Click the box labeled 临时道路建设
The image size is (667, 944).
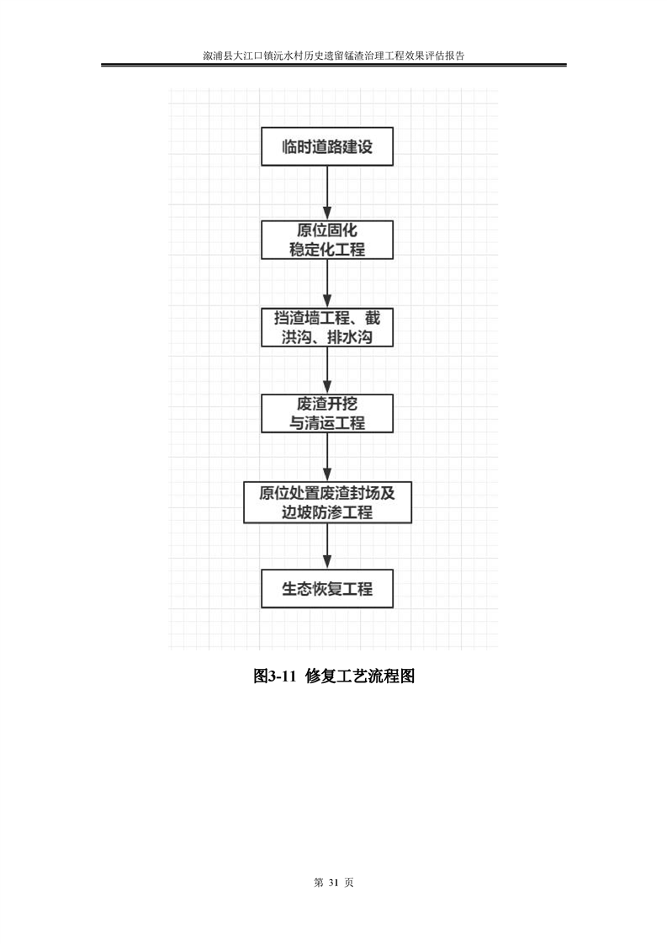[x=327, y=146]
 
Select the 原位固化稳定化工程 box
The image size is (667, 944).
[x=327, y=240]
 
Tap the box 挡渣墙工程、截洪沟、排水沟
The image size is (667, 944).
[x=327, y=327]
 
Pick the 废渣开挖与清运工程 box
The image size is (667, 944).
[x=327, y=414]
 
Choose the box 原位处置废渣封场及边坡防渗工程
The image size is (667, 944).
[x=327, y=502]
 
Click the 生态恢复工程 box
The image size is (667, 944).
[x=327, y=588]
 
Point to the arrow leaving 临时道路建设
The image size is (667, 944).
[x=327, y=193]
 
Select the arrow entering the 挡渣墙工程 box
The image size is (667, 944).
[x=327, y=284]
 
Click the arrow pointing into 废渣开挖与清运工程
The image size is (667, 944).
[x=327, y=370]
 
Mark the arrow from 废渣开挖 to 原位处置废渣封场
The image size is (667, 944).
[x=327, y=457]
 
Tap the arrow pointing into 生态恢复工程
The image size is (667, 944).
[x=327, y=546]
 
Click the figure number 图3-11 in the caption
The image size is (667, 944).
[x=275, y=676]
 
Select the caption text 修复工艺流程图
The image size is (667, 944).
[x=360, y=676]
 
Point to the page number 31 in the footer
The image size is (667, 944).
[x=334, y=883]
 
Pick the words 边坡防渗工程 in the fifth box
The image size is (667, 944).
[x=327, y=512]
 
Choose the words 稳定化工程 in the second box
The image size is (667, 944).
[x=327, y=249]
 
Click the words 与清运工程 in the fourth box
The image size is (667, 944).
[x=327, y=423]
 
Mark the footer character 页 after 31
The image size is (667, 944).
[x=349, y=883]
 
